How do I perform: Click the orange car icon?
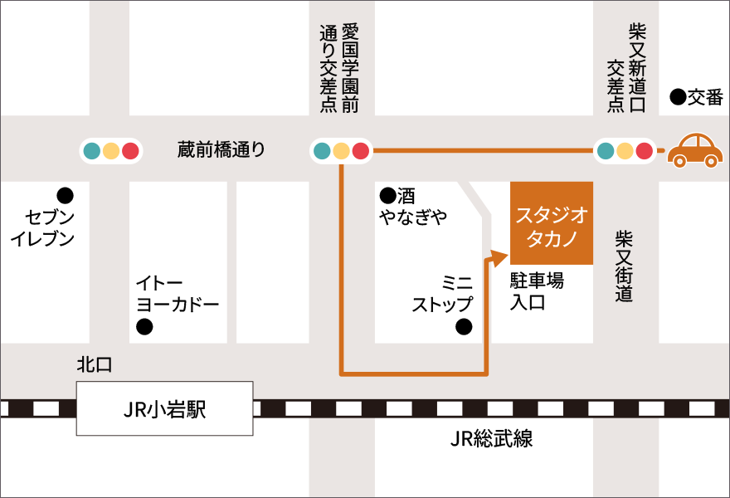click(695, 150)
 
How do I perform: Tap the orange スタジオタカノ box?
click(552, 222)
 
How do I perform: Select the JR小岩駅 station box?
click(164, 408)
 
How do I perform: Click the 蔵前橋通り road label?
click(221, 149)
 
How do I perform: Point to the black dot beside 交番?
click(678, 98)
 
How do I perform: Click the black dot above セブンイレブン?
click(64, 196)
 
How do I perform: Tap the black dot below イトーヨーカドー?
click(144, 327)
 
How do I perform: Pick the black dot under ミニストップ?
click(464, 326)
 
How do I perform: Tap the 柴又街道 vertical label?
click(624, 266)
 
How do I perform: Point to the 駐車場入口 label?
click(536, 291)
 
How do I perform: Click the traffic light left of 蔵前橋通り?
click(111, 150)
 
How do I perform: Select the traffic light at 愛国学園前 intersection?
click(340, 150)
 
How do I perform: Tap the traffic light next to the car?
click(625, 150)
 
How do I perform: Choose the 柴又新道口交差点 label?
click(626, 66)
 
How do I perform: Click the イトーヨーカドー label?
click(178, 293)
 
